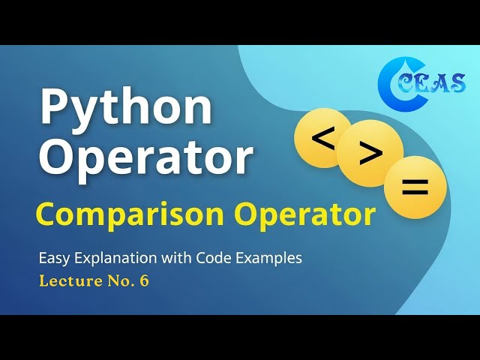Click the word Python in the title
[x=125, y=108]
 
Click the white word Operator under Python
[x=145, y=158]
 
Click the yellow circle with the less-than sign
[x=322, y=138]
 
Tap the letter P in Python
[x=55, y=107]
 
